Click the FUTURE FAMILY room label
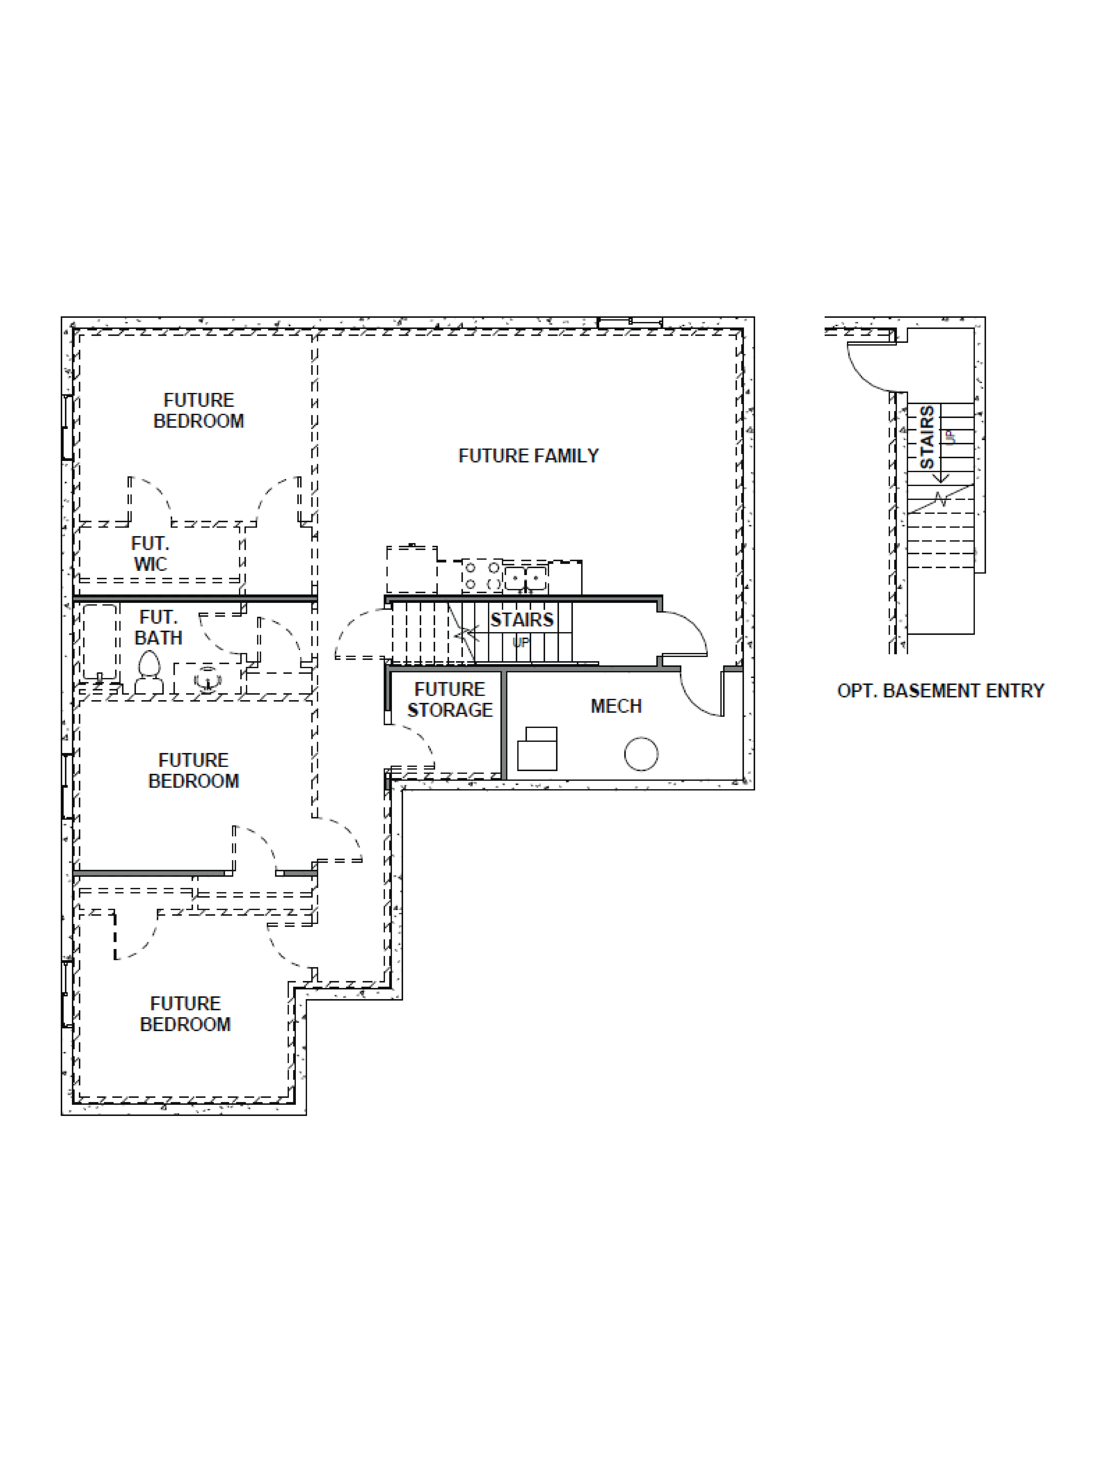point(528,456)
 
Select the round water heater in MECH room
point(641,753)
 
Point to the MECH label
point(616,706)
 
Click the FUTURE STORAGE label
point(450,700)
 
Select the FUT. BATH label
point(158,628)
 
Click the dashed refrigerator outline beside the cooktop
point(411,569)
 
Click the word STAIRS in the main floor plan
point(521,620)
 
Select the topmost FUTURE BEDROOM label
point(199,411)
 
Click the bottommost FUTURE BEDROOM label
point(185,1014)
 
